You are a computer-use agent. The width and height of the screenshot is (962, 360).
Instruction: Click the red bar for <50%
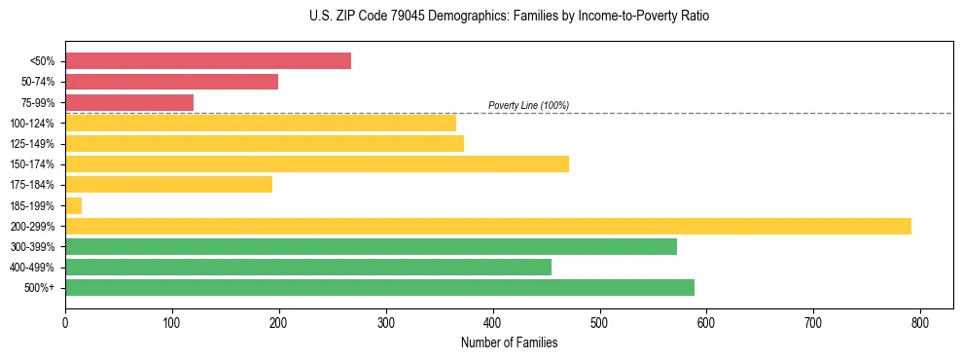pyautogui.click(x=208, y=61)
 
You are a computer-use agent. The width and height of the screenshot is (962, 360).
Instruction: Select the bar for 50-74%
pyautogui.click(x=171, y=82)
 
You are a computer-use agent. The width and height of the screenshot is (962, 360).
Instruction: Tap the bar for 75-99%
pyautogui.click(x=129, y=102)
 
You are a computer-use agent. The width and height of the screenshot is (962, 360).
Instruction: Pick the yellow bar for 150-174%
pyautogui.click(x=317, y=163)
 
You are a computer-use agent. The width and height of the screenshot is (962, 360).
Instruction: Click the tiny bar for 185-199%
pyautogui.click(x=74, y=205)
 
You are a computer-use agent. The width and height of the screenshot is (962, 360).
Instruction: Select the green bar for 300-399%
pyautogui.click(x=371, y=247)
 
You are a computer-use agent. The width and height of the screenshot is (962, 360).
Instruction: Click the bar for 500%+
pyautogui.click(x=379, y=288)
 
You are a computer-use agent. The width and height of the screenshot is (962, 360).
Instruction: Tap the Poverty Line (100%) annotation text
pyautogui.click(x=528, y=105)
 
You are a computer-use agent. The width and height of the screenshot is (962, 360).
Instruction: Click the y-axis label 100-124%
pyautogui.click(x=32, y=124)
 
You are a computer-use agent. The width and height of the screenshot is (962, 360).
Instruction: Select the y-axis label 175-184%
pyautogui.click(x=32, y=185)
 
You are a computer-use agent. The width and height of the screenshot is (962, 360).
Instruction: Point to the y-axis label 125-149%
pyautogui.click(x=32, y=144)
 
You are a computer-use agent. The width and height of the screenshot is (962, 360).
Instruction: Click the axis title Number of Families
pyautogui.click(x=509, y=342)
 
